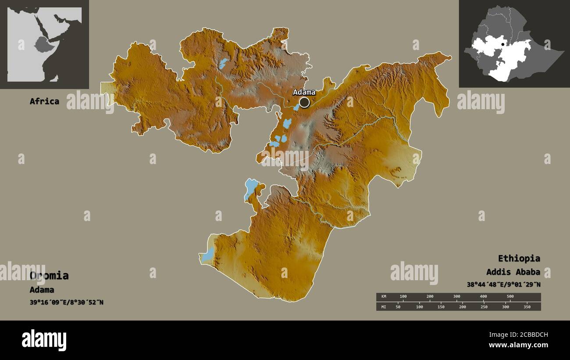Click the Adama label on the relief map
coord(304,92)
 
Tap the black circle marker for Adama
coord(304,103)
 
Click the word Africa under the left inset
coord(44,101)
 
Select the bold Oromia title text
coord(49,276)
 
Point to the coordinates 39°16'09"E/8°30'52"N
coord(67,302)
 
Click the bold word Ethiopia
coord(519,258)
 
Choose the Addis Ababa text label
coord(513,272)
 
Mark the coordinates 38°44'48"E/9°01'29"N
coord(503,285)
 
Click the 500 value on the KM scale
coord(510,296)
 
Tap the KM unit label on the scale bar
coord(384,296)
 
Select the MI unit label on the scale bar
coord(384,307)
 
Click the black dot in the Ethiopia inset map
coord(502,44)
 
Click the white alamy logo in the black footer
coord(44,340)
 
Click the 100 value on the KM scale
coord(403,296)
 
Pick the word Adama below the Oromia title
coord(42,290)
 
